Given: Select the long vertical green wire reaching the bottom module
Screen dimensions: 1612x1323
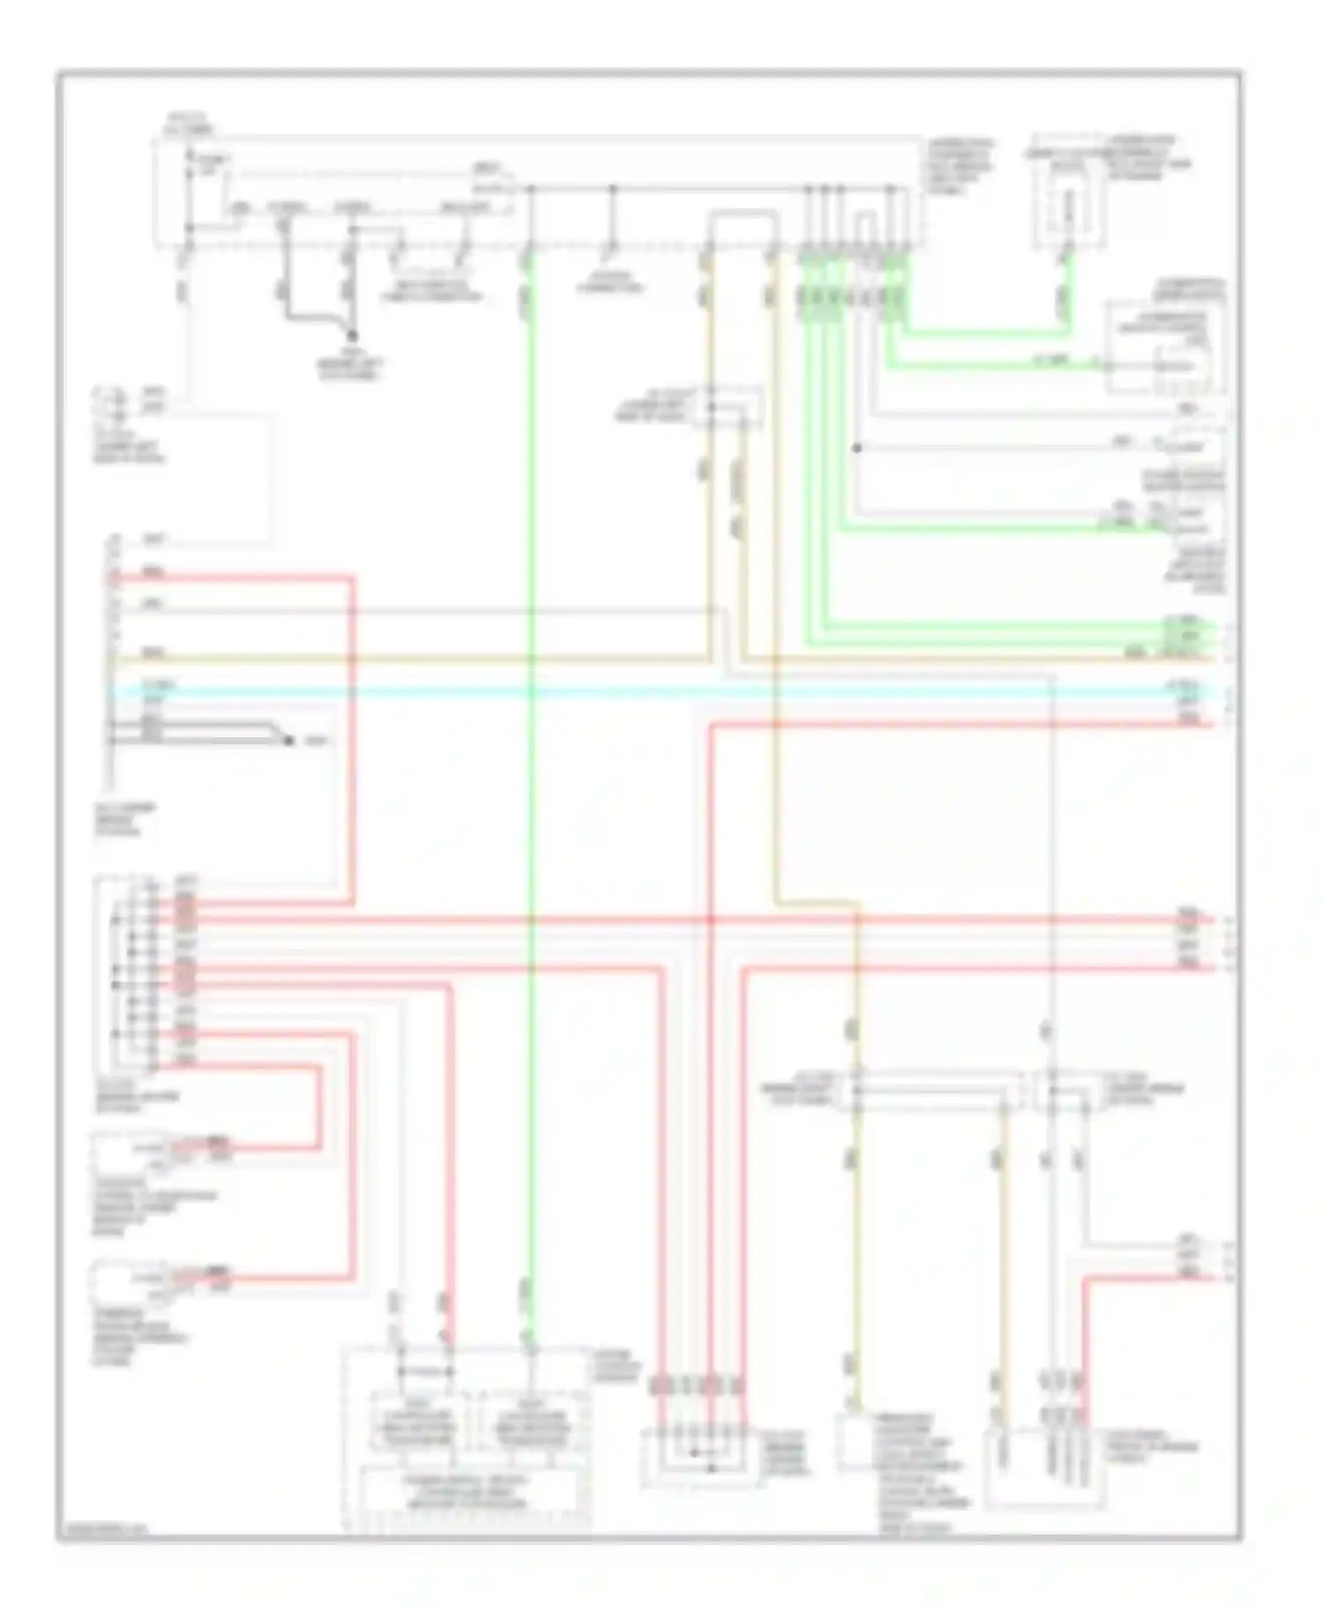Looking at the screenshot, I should click(x=530, y=794).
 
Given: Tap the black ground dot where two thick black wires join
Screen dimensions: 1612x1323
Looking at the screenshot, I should click(x=352, y=336).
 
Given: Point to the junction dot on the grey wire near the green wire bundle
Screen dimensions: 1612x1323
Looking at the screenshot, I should click(x=856, y=448).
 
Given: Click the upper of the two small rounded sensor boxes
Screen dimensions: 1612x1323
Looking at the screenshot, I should click(x=123, y=1150).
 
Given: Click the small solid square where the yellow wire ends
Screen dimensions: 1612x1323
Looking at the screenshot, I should click(x=854, y=1443).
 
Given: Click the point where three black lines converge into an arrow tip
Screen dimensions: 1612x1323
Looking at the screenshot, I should click(x=288, y=740).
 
